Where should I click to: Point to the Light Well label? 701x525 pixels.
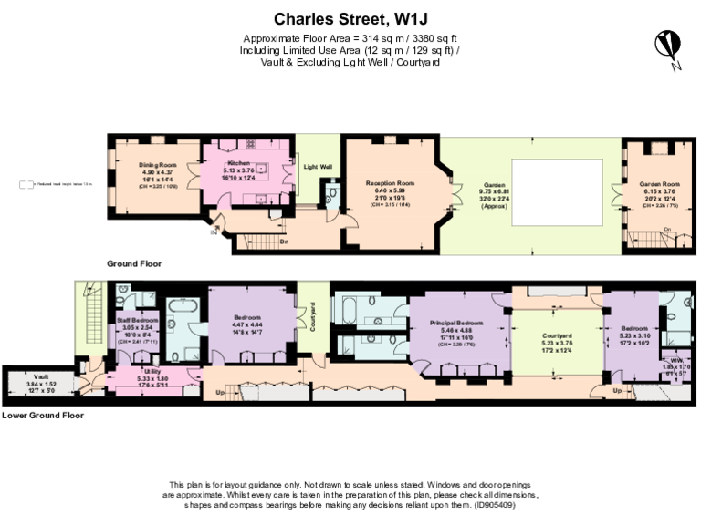point(317,167)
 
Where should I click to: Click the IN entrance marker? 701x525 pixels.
point(214,232)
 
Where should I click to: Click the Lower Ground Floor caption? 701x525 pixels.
point(43,415)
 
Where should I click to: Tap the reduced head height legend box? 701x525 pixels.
point(26,185)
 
